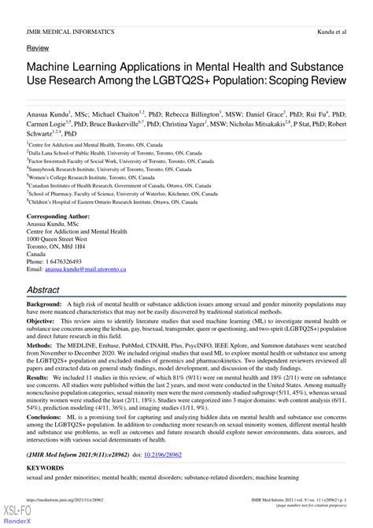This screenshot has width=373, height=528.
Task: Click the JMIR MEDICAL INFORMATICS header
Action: tap(69, 32)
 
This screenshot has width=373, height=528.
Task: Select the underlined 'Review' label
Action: tap(37, 48)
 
